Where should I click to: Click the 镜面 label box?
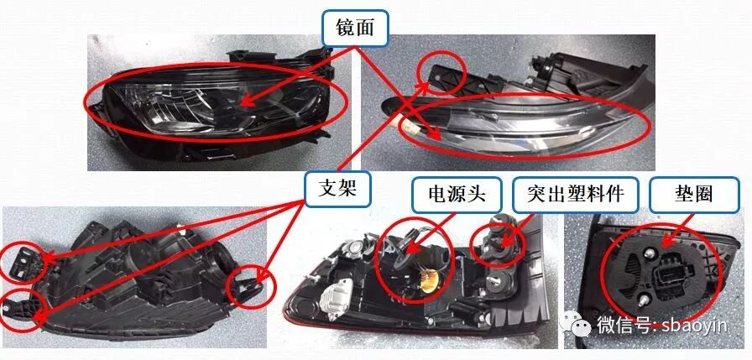tap(355, 29)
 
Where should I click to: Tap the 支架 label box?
tap(337, 190)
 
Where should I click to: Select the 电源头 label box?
tap(457, 195)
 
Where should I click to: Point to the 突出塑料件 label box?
tap(575, 195)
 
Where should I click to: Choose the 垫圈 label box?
tap(693, 195)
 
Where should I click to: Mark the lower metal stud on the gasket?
tap(643, 301)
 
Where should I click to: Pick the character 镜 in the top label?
tap(345, 29)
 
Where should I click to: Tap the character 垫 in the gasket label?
tap(683, 195)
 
